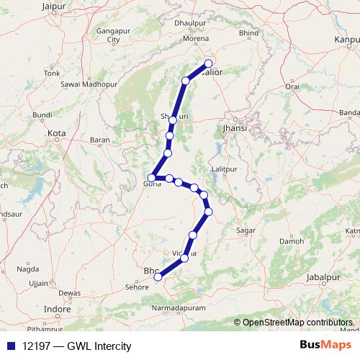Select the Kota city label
point(56,133)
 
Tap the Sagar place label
point(246,231)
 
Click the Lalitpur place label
point(225,169)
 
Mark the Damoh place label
point(291,240)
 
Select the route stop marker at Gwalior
point(210,63)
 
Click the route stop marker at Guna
point(152,178)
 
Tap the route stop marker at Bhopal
point(158,276)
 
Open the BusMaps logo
point(325,344)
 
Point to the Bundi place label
point(42,114)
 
